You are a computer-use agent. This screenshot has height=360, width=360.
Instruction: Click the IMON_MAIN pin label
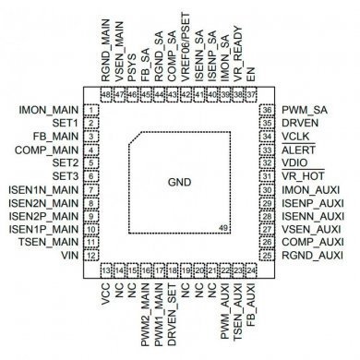click(49, 110)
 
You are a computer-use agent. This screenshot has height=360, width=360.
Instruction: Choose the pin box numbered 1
click(92, 110)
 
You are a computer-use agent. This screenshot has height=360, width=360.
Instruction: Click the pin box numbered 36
click(267, 110)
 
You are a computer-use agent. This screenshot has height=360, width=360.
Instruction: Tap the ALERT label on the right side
click(299, 150)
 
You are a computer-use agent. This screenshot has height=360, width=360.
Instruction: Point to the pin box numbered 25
click(267, 255)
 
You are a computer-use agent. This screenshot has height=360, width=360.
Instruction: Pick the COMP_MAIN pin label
click(49, 150)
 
